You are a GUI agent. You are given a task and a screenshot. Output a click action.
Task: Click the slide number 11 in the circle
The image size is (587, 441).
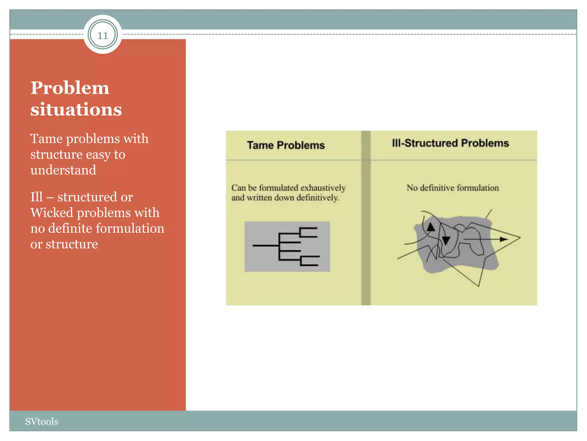coord(103,35)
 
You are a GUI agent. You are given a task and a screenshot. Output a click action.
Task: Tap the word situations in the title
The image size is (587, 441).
coord(76,109)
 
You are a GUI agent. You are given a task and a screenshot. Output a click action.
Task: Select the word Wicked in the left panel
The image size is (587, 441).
coord(52,213)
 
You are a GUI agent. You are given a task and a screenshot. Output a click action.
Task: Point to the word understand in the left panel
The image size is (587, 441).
coord(63,170)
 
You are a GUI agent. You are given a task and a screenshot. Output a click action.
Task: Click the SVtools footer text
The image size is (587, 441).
coord(42,421)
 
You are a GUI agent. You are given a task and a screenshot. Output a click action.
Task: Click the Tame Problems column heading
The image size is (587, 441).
coord(286,145)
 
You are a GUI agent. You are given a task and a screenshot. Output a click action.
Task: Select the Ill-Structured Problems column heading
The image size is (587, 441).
coord(450,143)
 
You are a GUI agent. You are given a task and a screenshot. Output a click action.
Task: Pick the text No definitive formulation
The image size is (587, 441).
coord(453,188)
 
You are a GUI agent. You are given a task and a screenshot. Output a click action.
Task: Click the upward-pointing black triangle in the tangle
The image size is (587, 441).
coord(431,227)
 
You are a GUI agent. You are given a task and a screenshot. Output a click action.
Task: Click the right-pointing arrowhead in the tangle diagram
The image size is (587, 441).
coord(504,239)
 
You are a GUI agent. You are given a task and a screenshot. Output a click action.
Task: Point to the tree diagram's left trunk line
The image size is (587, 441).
coord(265,245)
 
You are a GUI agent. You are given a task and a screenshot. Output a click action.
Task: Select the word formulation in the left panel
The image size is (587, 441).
coord(130,229)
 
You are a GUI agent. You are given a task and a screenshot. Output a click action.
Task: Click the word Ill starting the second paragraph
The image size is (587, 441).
coord(36,197)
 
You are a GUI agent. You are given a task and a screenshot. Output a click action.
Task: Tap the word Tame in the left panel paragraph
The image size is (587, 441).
coord(46,139)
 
